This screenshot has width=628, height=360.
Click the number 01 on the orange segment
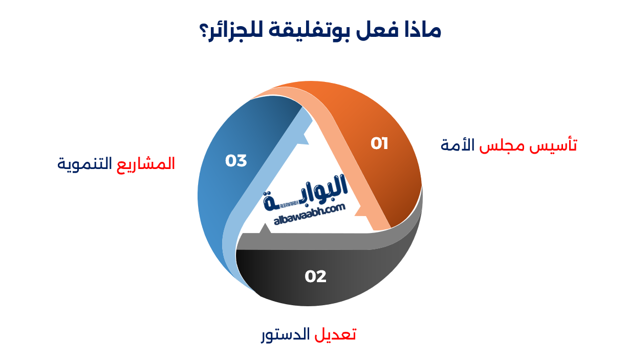pyautogui.click(x=379, y=144)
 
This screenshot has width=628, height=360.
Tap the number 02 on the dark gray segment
pyautogui.click(x=315, y=277)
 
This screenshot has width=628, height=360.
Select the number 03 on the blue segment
pyautogui.click(x=236, y=161)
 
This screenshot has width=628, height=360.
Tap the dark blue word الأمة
pyautogui.click(x=458, y=145)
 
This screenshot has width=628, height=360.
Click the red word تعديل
pyautogui.click(x=336, y=334)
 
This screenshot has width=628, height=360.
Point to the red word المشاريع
pyautogui.click(x=146, y=164)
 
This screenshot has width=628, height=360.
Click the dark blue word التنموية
pyautogui.click(x=85, y=164)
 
